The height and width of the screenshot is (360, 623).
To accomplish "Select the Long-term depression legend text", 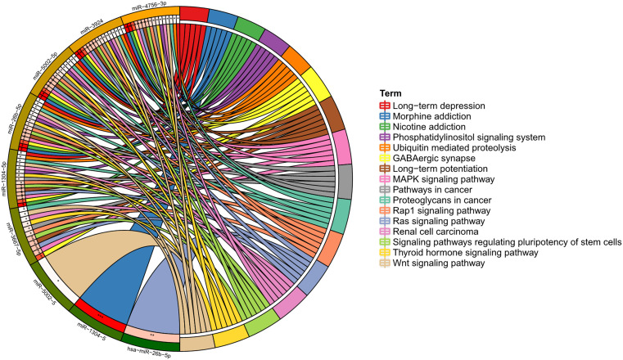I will [440, 106].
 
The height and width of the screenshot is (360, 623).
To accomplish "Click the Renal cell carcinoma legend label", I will [435, 232].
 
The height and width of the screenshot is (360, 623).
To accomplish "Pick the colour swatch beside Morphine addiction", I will [383, 116].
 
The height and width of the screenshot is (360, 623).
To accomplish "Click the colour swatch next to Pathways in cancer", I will [383, 190].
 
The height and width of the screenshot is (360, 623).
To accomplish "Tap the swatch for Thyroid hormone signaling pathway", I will [383, 253].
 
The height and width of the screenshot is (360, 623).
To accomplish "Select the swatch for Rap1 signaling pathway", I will [383, 211].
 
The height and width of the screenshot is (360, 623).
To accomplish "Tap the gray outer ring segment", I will [345, 182].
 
